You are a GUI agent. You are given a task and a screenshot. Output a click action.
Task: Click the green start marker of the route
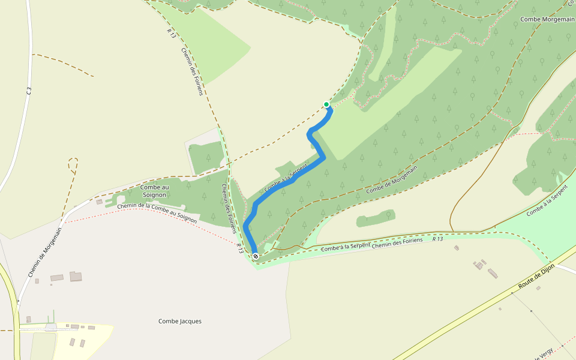[326, 104]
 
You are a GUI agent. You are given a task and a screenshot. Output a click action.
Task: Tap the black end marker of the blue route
[256, 257]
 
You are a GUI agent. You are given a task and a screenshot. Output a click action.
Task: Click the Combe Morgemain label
[547, 19]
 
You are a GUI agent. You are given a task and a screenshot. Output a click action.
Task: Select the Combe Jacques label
[180, 321]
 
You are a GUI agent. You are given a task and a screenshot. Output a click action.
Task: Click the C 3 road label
[28, 91]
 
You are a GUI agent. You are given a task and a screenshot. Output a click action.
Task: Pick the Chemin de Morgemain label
[45, 252]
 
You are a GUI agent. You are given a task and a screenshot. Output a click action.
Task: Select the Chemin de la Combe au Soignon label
[157, 213]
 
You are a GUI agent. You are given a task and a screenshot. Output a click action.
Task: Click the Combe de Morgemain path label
[391, 180]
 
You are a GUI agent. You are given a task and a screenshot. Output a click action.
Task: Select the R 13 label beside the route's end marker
[239, 248]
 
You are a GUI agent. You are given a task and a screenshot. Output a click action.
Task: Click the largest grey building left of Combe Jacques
[76, 276]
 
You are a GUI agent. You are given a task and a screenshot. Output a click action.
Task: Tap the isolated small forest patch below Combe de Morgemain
[376, 218]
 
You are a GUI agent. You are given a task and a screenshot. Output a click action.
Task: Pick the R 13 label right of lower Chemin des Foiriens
[437, 239]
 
